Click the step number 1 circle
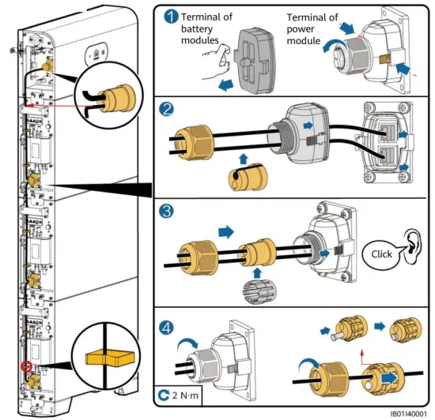pos(171,17)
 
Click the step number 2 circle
pos(166,110)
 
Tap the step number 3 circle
pos(166,211)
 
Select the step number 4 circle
pos(166,328)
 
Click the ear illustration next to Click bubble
pos(411,246)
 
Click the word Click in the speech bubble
pos(381,254)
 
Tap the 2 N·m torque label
pos(185,395)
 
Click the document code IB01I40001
pos(408,414)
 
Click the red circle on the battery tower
pos(27,366)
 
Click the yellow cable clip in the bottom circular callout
pos(110,358)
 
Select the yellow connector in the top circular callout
pos(117,98)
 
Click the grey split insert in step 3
pos(257,291)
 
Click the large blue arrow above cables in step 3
pos(226,231)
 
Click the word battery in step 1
pos(197,28)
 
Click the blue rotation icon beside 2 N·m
pos(164,395)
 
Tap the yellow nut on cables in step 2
pos(195,143)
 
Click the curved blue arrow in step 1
pos(333,44)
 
